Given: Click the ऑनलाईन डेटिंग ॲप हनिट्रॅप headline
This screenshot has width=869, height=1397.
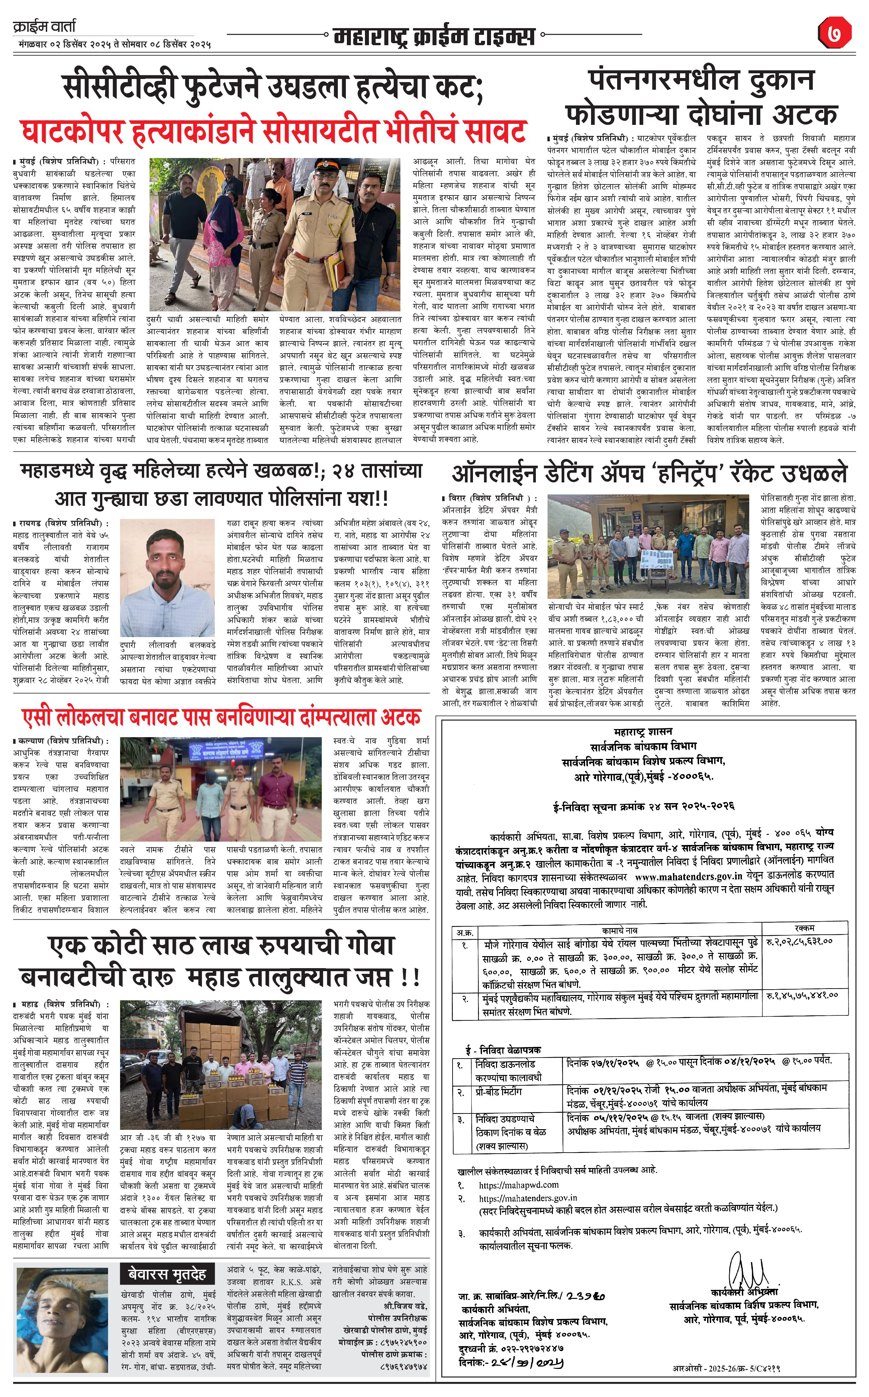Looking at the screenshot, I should point(650,473).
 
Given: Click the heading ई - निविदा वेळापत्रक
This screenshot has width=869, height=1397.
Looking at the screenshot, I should point(503,1049).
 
